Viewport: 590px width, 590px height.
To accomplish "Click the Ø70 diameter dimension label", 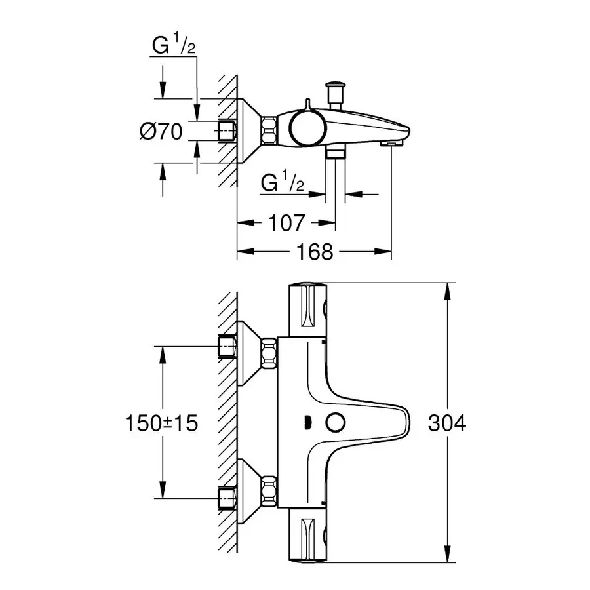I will point(160,131).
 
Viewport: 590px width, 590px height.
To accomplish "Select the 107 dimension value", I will point(287,223).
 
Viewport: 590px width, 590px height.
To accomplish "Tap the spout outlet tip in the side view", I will point(390,142).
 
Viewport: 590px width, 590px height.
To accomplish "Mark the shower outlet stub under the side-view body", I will point(336,153).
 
